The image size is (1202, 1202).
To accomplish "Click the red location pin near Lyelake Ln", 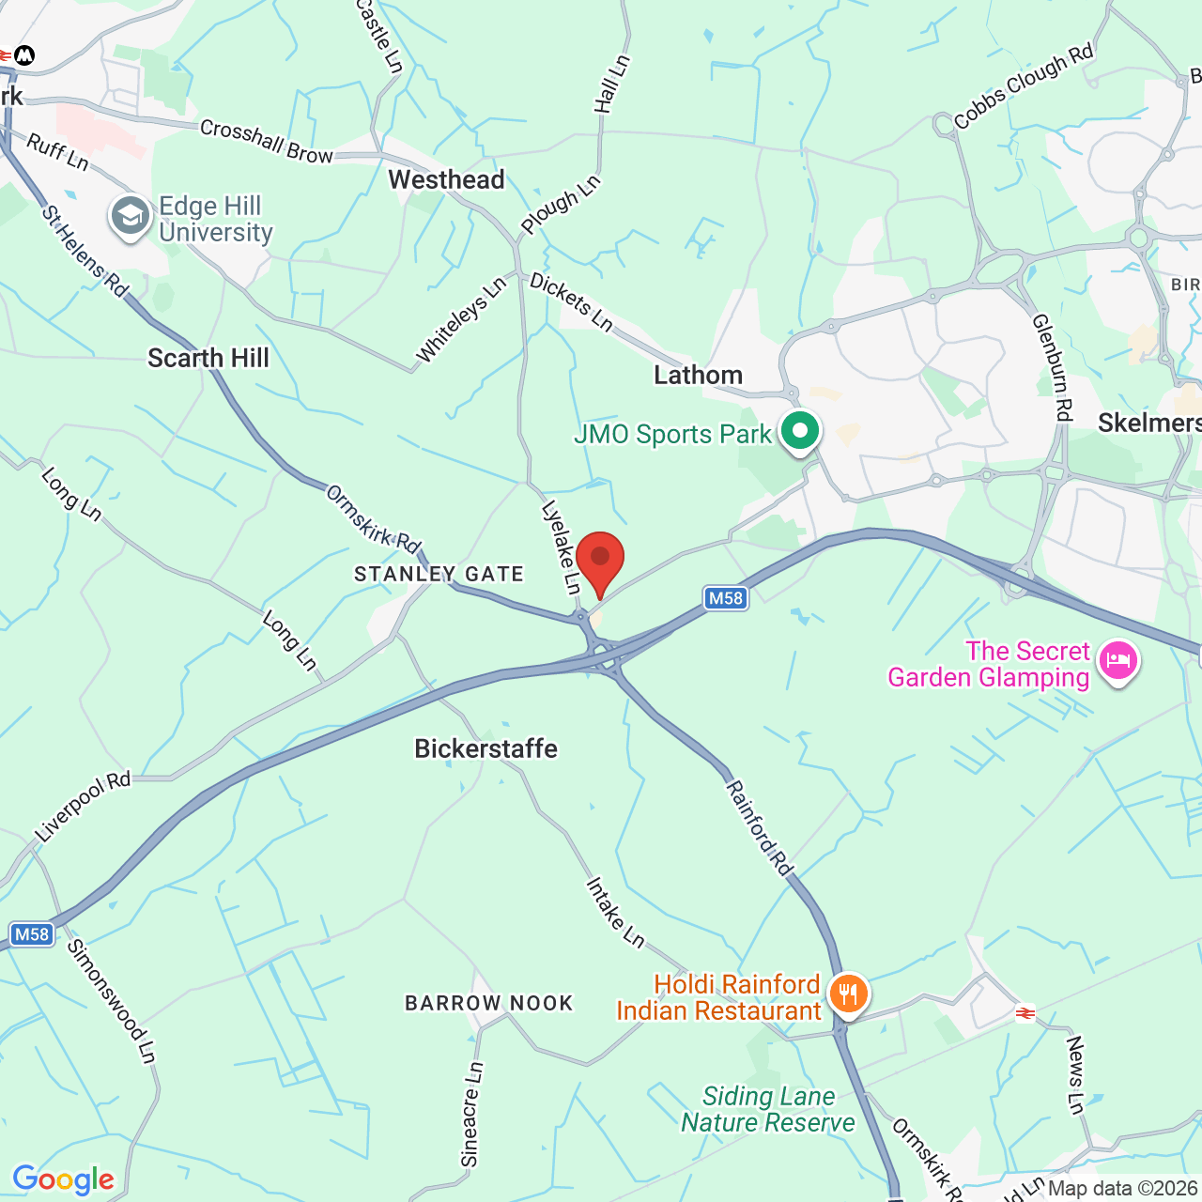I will pyautogui.click(x=599, y=561).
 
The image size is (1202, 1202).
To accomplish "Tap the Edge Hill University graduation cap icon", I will pyautogui.click(x=131, y=217).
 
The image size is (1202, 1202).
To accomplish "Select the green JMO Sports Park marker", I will pyautogui.click(x=799, y=433).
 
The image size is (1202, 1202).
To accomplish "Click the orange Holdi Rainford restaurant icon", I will pyautogui.click(x=848, y=994).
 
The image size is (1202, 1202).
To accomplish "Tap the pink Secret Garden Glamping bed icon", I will pyautogui.click(x=1117, y=661).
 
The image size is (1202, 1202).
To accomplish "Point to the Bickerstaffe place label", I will pyautogui.click(x=485, y=748).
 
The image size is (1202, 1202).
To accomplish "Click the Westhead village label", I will pyautogui.click(x=446, y=179).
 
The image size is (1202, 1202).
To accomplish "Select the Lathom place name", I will pyautogui.click(x=698, y=376).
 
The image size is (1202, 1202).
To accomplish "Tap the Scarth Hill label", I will pyautogui.click(x=208, y=358).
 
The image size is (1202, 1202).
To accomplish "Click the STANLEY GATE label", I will pyautogui.click(x=439, y=574).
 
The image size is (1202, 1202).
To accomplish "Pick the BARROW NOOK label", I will pyautogui.click(x=488, y=1003).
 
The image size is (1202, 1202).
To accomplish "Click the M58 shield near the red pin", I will pyautogui.click(x=725, y=598).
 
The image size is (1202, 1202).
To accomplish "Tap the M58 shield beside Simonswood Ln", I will pyautogui.click(x=31, y=934).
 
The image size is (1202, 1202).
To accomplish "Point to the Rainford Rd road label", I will pyautogui.click(x=759, y=827).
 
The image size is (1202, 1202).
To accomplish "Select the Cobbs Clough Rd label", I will pyautogui.click(x=1024, y=85).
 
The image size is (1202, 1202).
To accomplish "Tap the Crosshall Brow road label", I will pyautogui.click(x=266, y=142).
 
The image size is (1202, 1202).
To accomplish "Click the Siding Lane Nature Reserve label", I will pyautogui.click(x=768, y=1109).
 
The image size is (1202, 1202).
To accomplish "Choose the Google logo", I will pyautogui.click(x=64, y=1179).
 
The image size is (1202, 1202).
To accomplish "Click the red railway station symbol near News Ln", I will pyautogui.click(x=1025, y=1013).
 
